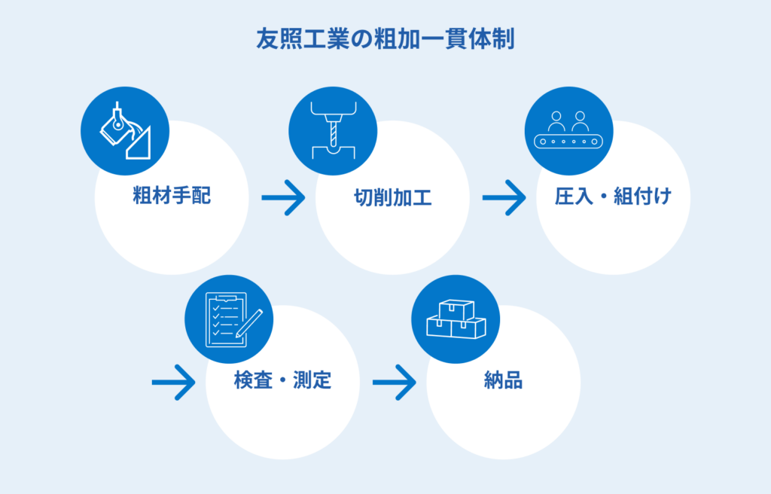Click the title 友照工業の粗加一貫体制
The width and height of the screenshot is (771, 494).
click(385, 39)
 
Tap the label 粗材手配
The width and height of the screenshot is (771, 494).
click(172, 197)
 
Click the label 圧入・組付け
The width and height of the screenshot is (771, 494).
click(612, 197)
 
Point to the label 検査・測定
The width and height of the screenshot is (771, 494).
click(282, 381)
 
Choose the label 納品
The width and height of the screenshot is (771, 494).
click(503, 381)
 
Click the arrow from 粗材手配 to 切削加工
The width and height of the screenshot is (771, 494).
click(283, 199)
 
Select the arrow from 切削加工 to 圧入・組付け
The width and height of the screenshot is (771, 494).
click(504, 199)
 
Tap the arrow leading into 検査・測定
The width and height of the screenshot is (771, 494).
click(173, 383)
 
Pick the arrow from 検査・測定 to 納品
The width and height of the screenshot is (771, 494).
click(394, 383)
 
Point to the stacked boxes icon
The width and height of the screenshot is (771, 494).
click(456, 319)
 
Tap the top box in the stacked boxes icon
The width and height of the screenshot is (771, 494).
click(456, 309)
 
